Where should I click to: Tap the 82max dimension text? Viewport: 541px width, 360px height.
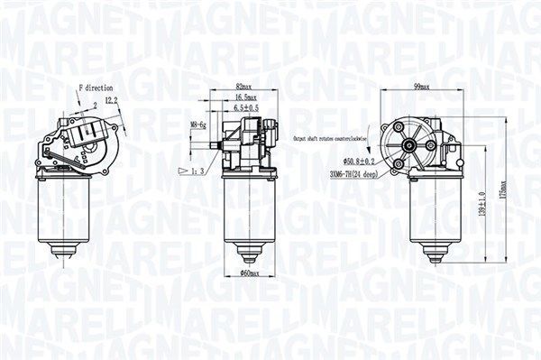coord(243,88)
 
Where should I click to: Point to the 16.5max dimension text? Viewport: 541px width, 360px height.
coord(244,97)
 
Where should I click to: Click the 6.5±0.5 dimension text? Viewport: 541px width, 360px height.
coord(245,107)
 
